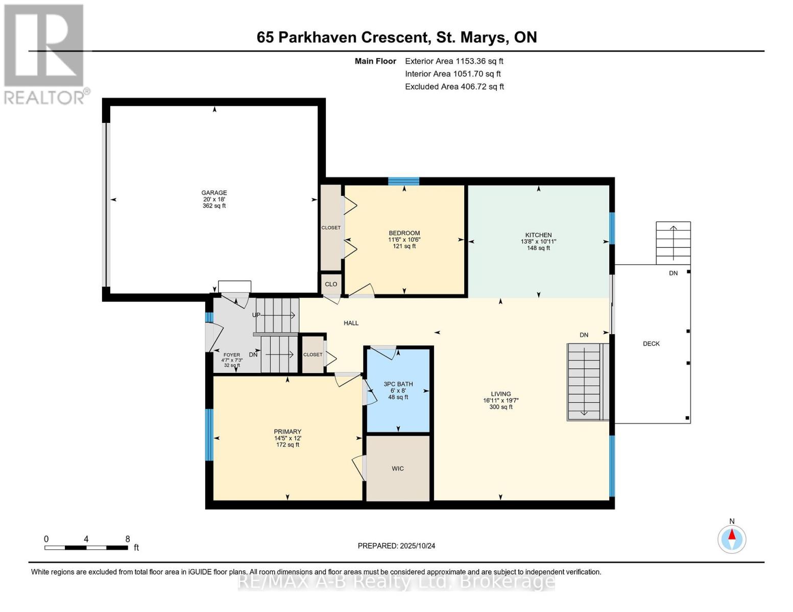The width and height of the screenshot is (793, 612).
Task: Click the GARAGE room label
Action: [x=214, y=192]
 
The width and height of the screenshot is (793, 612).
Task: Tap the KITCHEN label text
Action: [x=538, y=235]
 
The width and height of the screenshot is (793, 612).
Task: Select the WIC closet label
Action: [x=398, y=468]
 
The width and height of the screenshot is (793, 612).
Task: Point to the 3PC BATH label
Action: [x=398, y=384]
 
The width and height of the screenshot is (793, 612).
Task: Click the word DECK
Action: [x=652, y=343]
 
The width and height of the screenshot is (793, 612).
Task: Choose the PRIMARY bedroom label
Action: [x=287, y=431]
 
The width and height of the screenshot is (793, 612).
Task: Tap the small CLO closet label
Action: [x=331, y=284]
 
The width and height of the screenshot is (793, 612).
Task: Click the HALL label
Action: [x=351, y=323]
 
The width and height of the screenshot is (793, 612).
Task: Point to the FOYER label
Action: [x=232, y=354]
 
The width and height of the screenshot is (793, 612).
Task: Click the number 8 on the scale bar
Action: [x=128, y=539]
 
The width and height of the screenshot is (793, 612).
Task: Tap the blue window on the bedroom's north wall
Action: [x=403, y=181]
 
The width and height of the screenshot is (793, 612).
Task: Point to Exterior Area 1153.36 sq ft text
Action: [x=454, y=61]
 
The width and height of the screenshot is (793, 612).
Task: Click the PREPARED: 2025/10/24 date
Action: [x=396, y=546]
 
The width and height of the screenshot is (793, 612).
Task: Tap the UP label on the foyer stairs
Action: [x=256, y=315]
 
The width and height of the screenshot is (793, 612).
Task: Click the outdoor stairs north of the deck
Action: [x=674, y=243]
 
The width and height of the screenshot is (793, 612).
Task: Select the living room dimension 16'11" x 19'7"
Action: [x=501, y=400]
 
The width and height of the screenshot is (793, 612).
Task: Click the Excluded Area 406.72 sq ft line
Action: [x=454, y=87]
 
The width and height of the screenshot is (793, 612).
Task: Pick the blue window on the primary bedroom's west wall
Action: [x=209, y=435]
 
